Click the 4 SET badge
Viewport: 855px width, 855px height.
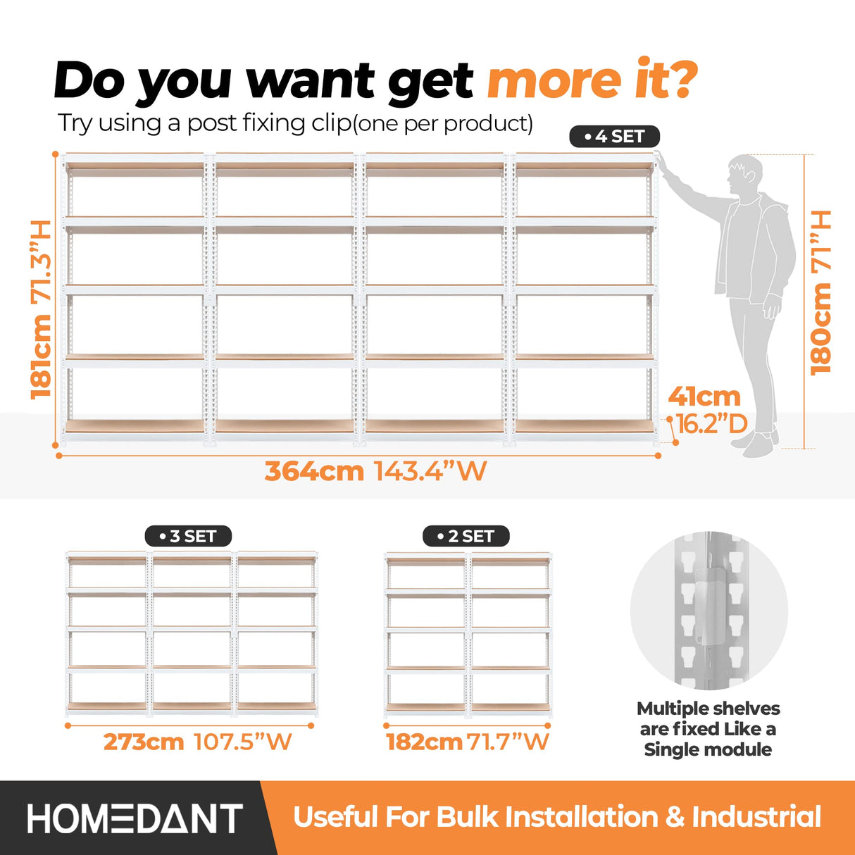point(614,136)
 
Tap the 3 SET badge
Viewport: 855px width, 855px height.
point(188,536)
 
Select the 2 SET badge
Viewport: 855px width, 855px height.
point(466,536)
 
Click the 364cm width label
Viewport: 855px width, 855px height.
point(314,471)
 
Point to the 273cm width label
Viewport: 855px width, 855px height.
point(144,742)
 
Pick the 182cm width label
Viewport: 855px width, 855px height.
point(424,742)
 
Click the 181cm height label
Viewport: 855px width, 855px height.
point(42,356)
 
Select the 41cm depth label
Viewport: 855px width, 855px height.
point(704,397)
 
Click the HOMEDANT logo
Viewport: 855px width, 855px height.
point(135,818)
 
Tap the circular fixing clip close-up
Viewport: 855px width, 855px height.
point(709,610)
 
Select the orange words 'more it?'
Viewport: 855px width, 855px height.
point(592,81)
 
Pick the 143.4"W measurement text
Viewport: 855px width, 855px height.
point(430,471)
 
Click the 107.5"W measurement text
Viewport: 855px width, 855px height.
point(242,742)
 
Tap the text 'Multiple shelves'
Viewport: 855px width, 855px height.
point(708,709)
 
